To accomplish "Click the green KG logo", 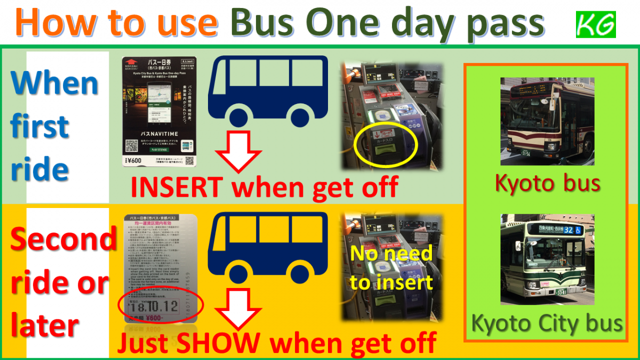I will tap(596, 25).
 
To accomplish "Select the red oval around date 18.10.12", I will tap(161, 306).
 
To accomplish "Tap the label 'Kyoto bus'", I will tap(548, 183).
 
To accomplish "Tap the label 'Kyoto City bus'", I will tap(547, 323).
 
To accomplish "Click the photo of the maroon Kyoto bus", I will tap(547, 121).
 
